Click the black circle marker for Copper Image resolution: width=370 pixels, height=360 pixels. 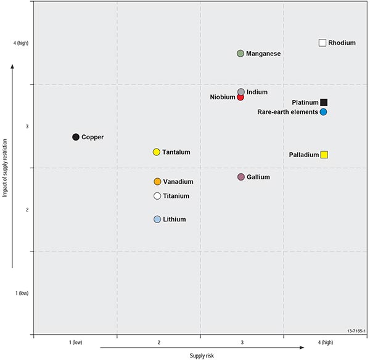pos(76,137)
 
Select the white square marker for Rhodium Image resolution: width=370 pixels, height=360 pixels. pos(322,43)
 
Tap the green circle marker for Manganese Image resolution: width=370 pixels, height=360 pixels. pos(240,54)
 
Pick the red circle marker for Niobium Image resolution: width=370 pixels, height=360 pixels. pos(240,97)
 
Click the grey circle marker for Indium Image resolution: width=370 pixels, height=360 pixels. pos(241,92)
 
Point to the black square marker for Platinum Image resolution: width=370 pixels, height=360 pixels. pos(324,102)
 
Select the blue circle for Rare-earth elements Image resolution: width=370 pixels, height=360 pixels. pos(323,112)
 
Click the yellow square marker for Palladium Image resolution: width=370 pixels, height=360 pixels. pos(324,155)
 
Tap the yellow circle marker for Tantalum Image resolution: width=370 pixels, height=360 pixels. pos(157,152)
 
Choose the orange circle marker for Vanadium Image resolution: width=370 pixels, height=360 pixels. pos(157,181)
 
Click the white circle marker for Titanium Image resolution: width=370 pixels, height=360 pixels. pos(157,196)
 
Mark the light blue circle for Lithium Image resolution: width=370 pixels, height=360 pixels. pos(157,219)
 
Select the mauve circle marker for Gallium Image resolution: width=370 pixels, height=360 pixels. pos(241,177)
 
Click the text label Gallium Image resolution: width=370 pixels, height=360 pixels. pos(258,177)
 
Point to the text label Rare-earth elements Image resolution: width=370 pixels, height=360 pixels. pos(287,112)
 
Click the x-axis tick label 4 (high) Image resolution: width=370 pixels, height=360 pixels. pos(325,342)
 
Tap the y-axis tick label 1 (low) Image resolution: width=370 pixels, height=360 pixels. pos(22,293)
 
